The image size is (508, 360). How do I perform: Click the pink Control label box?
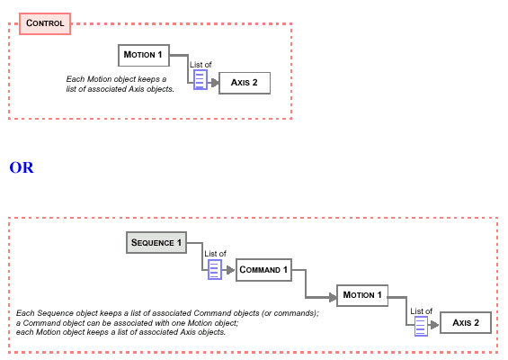[45, 23]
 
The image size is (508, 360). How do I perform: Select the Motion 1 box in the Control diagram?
[144, 56]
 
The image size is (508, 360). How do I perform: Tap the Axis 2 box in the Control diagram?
[245, 83]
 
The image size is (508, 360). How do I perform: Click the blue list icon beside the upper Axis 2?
[201, 80]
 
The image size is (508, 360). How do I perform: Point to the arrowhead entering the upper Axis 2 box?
[215, 83]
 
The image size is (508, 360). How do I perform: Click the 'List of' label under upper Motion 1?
[201, 65]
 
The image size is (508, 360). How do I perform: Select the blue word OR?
[22, 167]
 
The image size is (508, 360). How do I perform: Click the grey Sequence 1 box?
[156, 243]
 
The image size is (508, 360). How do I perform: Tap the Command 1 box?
[263, 270]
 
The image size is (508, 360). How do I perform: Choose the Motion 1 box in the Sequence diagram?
[362, 295]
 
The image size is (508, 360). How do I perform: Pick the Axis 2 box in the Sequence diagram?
[466, 323]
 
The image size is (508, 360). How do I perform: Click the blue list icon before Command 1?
[215, 269]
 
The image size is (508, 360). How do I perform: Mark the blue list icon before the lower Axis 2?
[421, 327]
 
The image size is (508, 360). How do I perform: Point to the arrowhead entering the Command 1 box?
[230, 270]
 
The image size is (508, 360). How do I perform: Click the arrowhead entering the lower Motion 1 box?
[333, 297]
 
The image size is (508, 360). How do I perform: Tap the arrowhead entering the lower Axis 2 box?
[435, 325]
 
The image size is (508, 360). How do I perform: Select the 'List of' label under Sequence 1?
[215, 254]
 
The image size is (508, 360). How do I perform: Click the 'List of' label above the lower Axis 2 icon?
[421, 311]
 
